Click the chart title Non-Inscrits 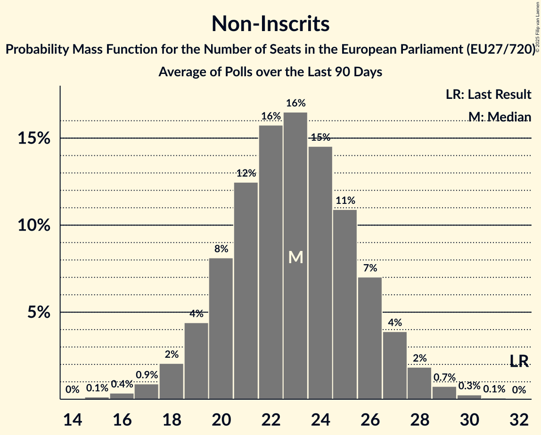[270, 24]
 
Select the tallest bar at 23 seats [295, 188]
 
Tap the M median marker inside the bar [295, 257]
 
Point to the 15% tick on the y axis [34, 138]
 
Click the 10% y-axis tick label [34, 225]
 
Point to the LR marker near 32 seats [519, 361]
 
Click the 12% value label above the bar [246, 173]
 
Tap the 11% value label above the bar [345, 201]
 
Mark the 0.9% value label [147, 375]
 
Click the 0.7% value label [444, 378]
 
